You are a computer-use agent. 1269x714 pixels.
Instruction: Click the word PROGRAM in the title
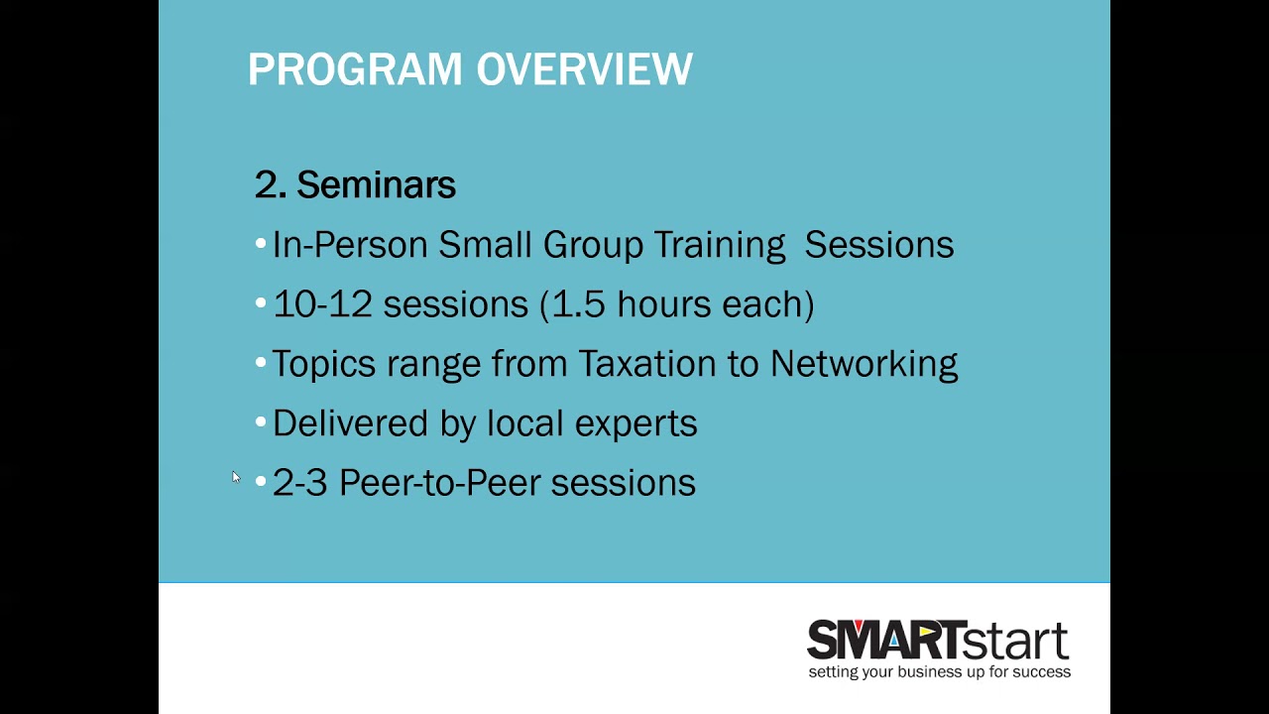355,70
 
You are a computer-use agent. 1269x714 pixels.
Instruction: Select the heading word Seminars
376,185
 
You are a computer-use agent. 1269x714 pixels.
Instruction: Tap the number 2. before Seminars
270,185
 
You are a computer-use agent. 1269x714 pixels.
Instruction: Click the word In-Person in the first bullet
350,245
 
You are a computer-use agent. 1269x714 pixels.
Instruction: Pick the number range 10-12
321,304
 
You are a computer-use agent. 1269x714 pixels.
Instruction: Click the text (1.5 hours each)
677,304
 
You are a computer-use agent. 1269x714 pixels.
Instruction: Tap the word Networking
864,364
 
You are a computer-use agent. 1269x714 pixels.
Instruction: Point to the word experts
635,424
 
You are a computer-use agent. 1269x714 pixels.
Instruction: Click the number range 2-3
299,483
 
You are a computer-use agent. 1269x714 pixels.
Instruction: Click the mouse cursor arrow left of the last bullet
236,477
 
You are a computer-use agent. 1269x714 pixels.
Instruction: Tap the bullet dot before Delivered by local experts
260,422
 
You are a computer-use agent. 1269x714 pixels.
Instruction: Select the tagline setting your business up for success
939,672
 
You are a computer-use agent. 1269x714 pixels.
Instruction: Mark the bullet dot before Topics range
260,363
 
